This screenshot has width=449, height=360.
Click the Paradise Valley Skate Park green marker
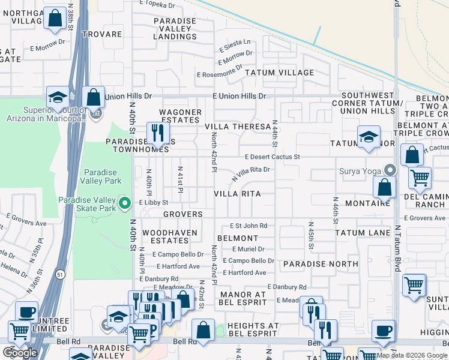125,203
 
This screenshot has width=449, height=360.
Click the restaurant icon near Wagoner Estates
158,133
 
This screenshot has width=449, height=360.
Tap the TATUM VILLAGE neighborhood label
279,73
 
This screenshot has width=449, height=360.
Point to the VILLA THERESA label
238,127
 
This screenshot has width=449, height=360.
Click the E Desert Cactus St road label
272,157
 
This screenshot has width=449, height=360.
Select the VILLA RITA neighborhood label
238,194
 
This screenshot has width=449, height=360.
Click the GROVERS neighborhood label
183,214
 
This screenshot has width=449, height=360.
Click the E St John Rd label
249,226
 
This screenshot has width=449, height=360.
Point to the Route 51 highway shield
58,274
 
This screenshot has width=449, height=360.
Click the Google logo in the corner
20,352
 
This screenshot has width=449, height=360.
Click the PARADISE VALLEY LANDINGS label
175,29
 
